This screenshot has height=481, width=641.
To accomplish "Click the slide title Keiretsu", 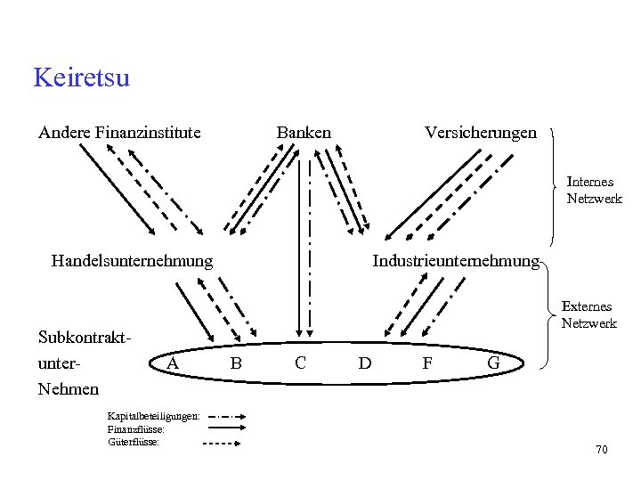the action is point(81,78).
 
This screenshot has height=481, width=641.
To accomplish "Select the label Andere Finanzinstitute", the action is point(119,133).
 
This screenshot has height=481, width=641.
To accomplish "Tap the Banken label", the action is point(304,133).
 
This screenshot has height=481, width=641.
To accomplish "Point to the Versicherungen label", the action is point(481,133).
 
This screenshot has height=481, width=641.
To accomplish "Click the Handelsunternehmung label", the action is point(132,261).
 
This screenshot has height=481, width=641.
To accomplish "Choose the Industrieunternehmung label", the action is point(456,261).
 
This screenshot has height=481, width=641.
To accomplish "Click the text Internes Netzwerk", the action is point(594,191).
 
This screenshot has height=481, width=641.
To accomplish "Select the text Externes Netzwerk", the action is point(588,315).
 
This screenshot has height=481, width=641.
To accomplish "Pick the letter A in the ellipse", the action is point(174,363).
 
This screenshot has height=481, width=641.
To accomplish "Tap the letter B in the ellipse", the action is point(236,363).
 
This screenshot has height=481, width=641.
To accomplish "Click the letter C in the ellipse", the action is point(300,363).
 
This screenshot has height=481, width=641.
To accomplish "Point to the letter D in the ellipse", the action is point(364,363).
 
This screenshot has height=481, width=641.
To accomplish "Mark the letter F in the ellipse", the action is point(427,363).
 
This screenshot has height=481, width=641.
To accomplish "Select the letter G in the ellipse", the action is point(493,363).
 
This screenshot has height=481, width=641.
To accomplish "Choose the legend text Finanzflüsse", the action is point(135,428).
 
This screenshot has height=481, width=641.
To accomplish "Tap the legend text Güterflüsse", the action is point(134,441).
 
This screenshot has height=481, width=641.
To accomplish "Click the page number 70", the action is point(602,450).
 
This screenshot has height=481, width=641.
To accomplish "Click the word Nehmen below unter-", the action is point(69,389).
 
